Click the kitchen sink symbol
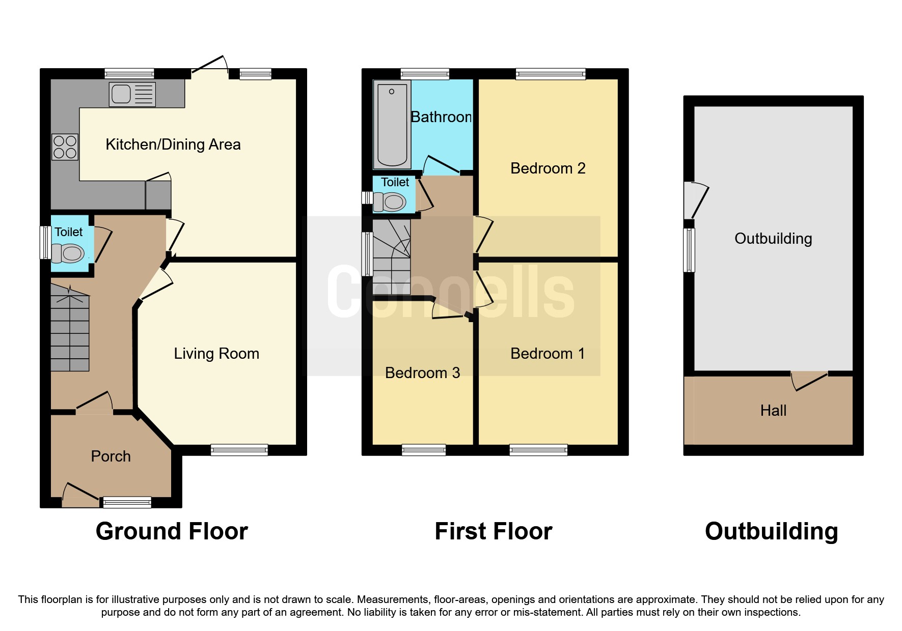point(132,95)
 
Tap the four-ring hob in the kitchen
point(65,147)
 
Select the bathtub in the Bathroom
point(392,125)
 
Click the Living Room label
point(216,354)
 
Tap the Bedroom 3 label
point(422,373)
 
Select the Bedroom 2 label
point(548,168)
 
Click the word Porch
point(111,456)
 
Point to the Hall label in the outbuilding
point(773,411)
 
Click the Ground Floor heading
point(172,531)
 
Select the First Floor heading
point(493,531)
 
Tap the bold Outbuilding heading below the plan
point(771,531)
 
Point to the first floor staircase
point(392,257)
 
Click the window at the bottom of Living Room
point(239,450)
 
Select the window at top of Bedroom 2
point(551,74)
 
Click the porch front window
point(127,502)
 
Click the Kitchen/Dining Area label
point(173,145)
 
